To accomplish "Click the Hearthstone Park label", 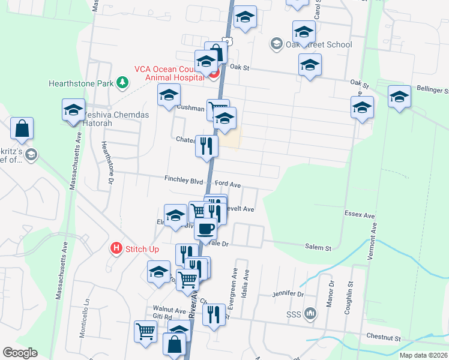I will (82, 83).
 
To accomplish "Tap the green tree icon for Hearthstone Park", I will (122, 82).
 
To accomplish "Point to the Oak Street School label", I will (319, 44).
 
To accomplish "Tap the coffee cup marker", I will (206, 229).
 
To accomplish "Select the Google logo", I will (20, 353).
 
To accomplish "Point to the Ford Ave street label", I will (228, 185).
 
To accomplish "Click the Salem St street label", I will (318, 247).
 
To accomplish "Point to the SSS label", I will (292, 314).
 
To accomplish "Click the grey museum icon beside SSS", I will (310, 313).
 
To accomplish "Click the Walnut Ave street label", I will (169, 310).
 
